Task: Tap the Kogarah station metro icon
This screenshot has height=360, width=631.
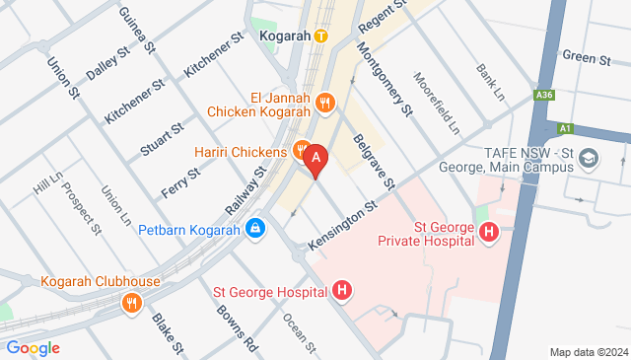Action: tap(321, 36)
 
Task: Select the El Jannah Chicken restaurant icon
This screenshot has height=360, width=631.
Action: tap(327, 102)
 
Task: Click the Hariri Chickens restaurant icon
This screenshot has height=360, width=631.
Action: tap(301, 150)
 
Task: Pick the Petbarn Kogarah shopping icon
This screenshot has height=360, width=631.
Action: tap(255, 228)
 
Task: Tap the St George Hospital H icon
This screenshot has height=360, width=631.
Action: tap(341, 291)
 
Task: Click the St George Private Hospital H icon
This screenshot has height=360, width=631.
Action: tap(488, 233)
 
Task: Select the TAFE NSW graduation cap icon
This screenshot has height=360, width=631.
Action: tap(589, 157)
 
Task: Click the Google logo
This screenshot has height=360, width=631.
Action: tap(33, 347)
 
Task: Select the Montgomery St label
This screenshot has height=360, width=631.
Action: tap(384, 76)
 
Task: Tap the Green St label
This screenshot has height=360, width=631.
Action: tap(587, 58)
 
